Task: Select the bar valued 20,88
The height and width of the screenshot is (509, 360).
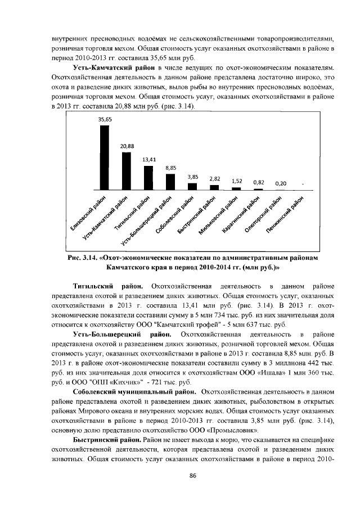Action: [x=126, y=171]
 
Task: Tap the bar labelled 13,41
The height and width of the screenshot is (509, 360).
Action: [x=148, y=178]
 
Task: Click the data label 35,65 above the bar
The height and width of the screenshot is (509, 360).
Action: [x=105, y=119]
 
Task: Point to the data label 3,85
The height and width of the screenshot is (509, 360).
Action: [x=193, y=177]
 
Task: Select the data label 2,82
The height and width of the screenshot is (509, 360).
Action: [x=214, y=178]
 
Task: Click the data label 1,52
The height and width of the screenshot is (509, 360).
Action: [x=237, y=181]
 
